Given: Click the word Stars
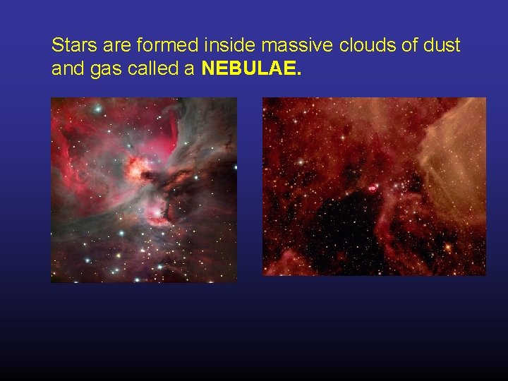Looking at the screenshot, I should [71, 47].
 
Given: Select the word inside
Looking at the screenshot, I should [230, 47].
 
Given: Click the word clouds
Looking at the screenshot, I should [365, 47].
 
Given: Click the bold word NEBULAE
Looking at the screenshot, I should [251, 69].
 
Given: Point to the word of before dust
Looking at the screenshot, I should [407, 47].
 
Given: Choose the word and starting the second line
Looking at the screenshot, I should [66, 69].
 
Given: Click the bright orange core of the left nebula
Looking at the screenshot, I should [134, 167].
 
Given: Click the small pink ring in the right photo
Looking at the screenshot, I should [372, 188].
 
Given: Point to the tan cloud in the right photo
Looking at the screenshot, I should [455, 169].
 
